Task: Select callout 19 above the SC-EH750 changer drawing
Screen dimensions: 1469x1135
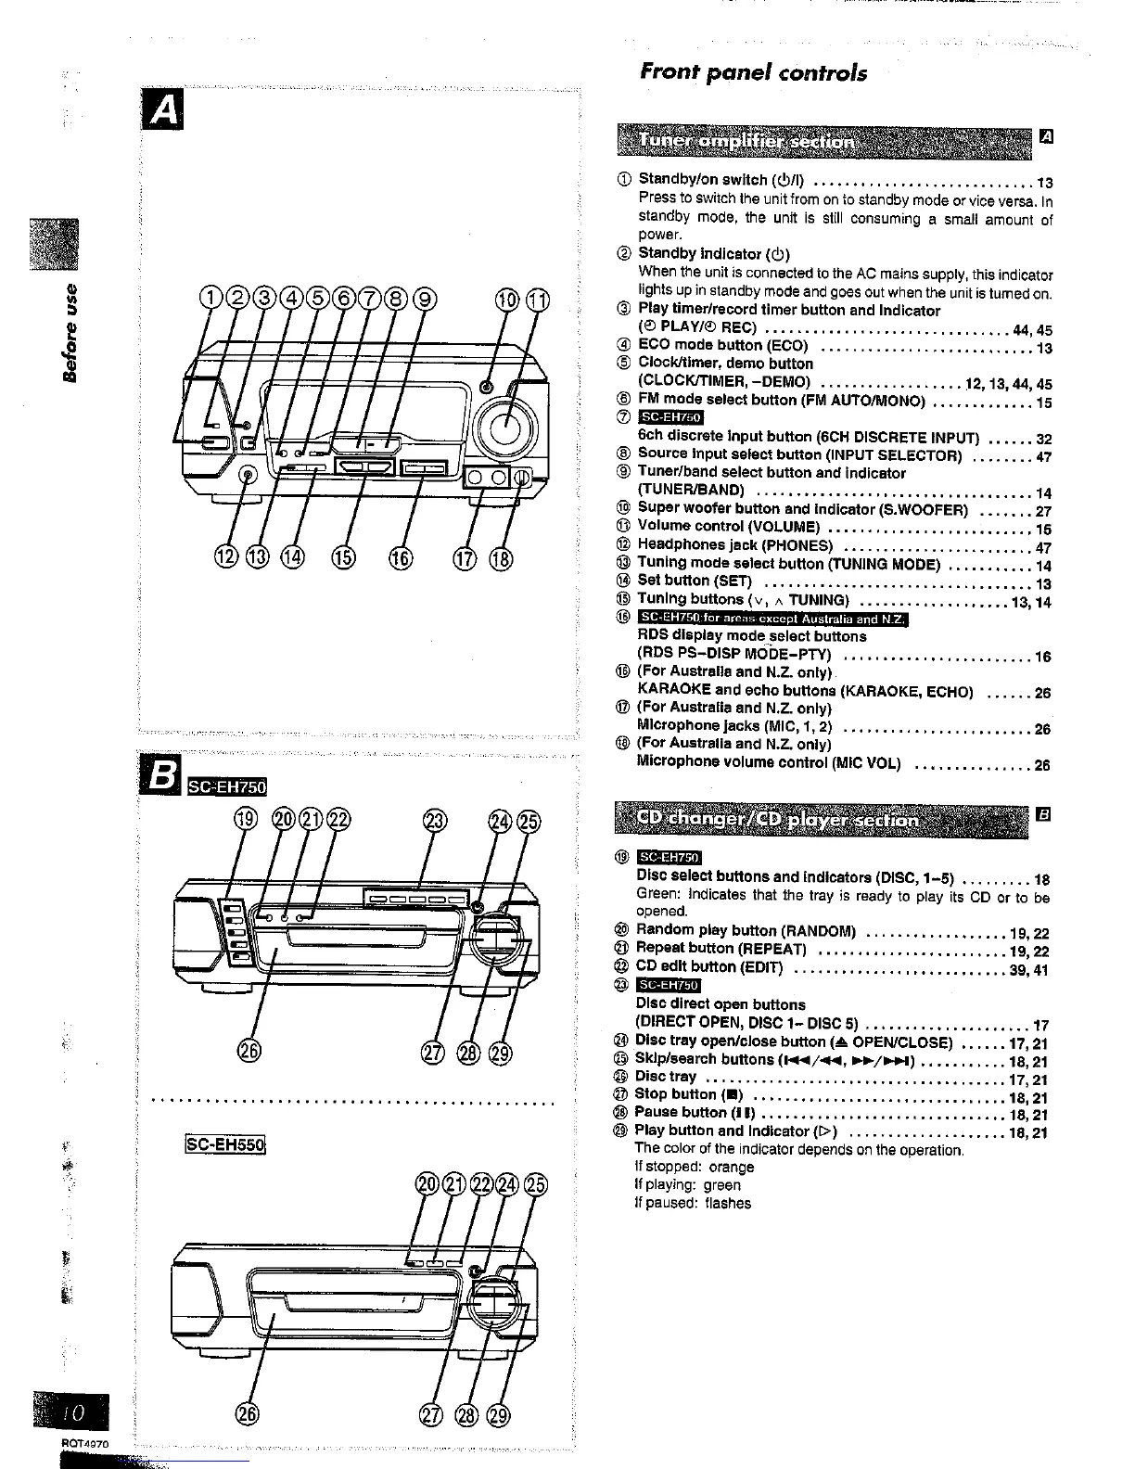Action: point(246,820)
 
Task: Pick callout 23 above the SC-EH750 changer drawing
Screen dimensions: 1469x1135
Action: point(434,820)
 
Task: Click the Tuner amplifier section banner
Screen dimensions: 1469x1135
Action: point(821,141)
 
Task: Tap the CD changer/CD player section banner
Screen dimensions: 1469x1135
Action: point(821,819)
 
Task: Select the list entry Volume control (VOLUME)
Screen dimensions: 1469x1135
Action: point(729,527)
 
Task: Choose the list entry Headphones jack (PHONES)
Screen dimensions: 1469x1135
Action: point(735,545)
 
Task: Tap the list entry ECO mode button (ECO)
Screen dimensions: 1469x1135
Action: point(723,346)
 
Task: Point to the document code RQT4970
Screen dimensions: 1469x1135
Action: point(85,1444)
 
